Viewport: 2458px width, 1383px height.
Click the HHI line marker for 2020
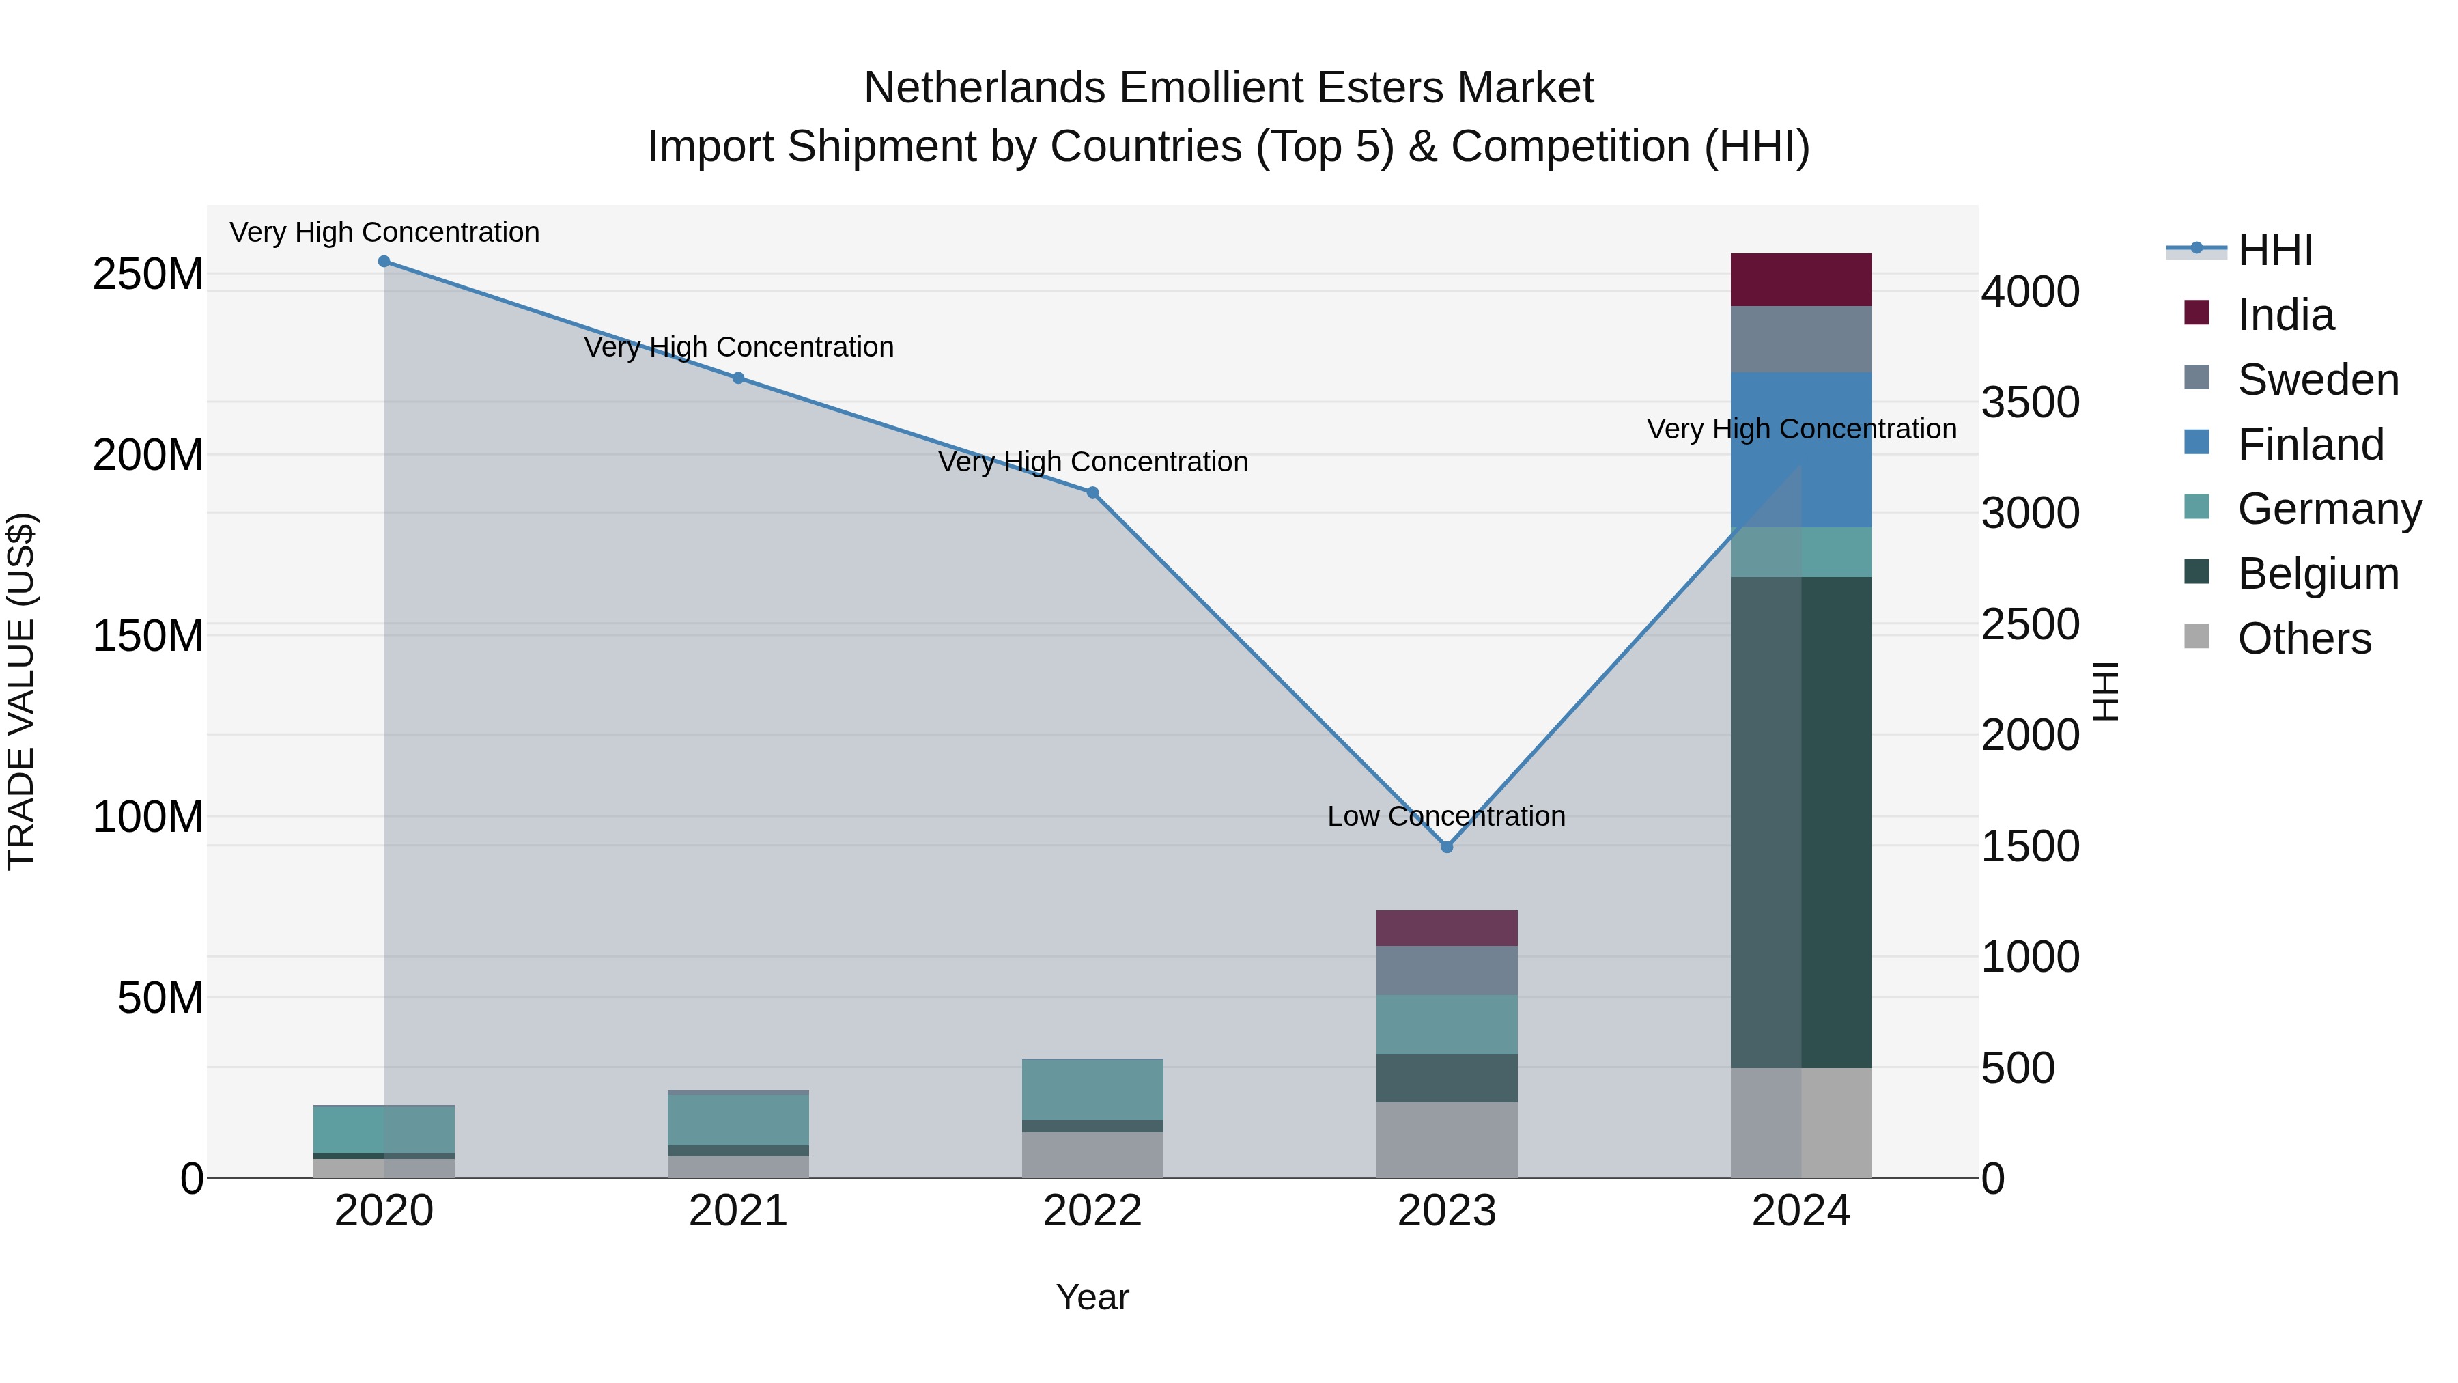coord(384,262)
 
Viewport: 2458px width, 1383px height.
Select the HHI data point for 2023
coord(1447,847)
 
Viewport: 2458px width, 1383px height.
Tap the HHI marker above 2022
coord(1092,492)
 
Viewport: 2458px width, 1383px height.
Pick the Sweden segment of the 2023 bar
coord(1447,970)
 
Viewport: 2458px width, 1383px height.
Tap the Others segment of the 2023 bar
coord(1447,1140)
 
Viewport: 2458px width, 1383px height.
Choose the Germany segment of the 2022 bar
coord(1092,1089)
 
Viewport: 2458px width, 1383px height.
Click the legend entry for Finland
coord(2309,445)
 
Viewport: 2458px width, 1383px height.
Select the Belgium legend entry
coord(2317,574)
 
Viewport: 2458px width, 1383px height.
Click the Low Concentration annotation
coord(1447,816)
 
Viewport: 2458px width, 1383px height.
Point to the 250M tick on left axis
coord(148,275)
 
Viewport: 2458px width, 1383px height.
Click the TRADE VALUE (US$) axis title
coord(21,691)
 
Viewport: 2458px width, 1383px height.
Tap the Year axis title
coord(1092,1297)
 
